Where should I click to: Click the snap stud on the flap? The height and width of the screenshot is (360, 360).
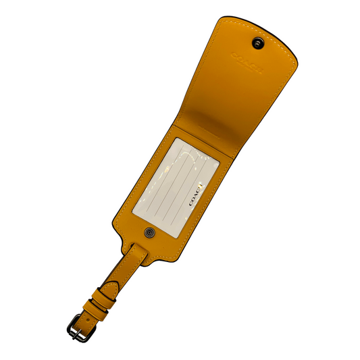[258, 43]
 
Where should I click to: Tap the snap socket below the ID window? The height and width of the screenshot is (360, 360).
[150, 233]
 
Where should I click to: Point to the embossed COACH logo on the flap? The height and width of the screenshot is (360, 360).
[247, 62]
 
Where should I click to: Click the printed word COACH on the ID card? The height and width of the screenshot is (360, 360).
[196, 195]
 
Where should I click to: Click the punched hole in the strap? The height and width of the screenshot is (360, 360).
[88, 319]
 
